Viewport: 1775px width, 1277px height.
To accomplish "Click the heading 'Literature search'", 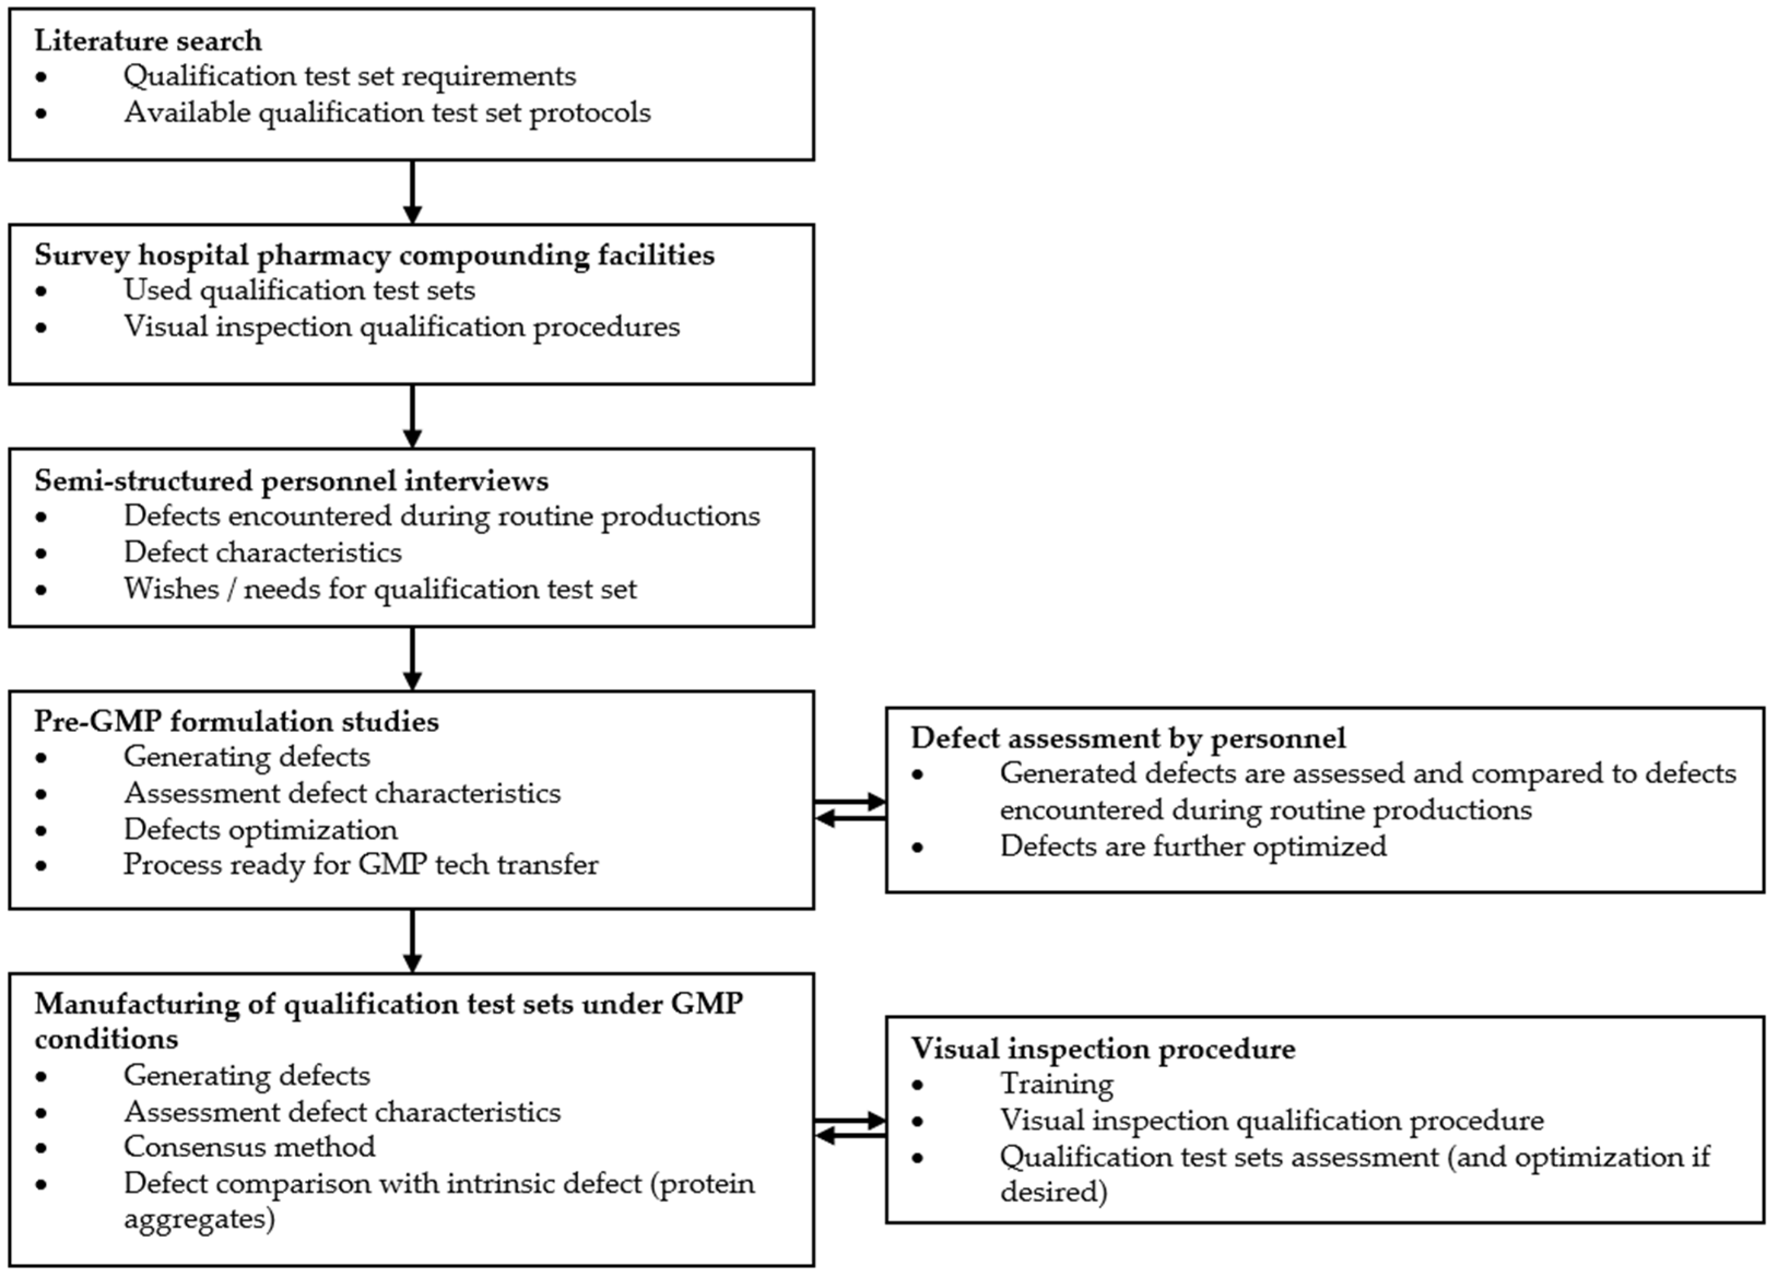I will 148,40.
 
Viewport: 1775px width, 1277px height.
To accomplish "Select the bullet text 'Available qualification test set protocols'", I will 387,113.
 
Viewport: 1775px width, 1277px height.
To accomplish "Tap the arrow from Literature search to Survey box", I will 412,192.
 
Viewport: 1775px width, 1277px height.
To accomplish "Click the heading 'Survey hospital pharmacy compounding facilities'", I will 374,255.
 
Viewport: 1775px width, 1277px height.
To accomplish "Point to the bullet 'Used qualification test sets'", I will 299,290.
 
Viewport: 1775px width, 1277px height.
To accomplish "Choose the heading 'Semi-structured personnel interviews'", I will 291,481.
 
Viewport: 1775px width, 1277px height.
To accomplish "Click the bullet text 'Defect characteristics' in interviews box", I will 262,552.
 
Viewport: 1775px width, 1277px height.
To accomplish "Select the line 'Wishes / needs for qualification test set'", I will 380,588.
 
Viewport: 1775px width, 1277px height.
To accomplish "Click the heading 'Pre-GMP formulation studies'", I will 237,720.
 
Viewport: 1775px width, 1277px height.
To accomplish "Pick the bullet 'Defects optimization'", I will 260,830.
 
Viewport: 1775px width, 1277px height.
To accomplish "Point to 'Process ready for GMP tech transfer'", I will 361,865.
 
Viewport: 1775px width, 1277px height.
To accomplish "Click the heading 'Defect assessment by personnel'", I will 1128,738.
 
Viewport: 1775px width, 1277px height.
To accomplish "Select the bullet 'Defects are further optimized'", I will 1193,846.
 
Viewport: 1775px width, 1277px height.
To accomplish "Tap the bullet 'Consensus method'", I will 249,1147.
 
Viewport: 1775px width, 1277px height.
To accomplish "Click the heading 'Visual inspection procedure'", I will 1102,1049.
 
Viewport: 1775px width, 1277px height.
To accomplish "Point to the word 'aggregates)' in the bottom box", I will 199,1219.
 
